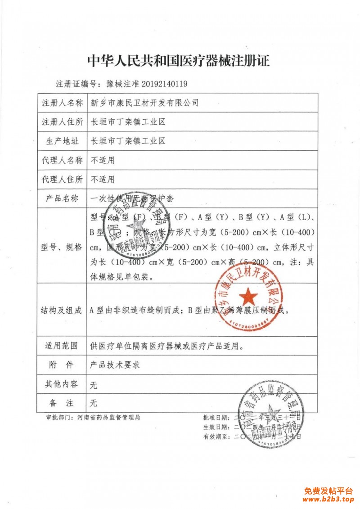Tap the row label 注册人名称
point(62,103)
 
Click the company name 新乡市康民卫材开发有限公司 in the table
point(144,103)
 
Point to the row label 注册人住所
point(62,122)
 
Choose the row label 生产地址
point(62,141)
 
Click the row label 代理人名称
point(62,160)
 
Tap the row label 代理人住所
point(62,180)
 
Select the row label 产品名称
point(62,198)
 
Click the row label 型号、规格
point(62,247)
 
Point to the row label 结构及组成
point(62,310)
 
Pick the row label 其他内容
point(62,384)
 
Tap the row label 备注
point(62,403)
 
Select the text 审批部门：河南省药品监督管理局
point(94,418)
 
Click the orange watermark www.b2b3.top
point(328,499)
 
